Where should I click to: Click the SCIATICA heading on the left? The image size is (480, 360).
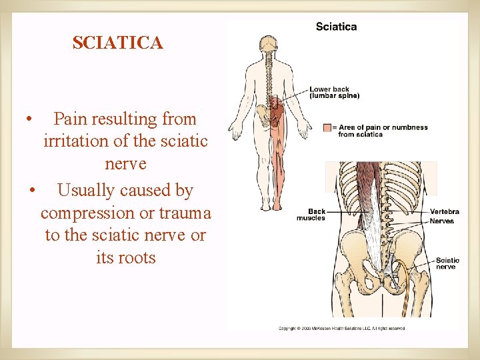[117, 43]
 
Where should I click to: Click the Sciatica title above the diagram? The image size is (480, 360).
[336, 27]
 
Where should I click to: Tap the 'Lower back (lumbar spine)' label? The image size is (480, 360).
[334, 92]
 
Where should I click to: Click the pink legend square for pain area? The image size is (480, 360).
[327, 127]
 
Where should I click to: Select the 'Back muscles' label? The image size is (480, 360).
[311, 215]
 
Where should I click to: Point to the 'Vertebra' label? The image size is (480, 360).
[444, 212]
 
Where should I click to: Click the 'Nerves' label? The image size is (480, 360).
[441, 221]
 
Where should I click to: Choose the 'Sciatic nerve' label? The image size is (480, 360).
[447, 263]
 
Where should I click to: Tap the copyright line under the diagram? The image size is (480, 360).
[341, 328]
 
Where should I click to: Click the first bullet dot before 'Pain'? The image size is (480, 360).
[29, 121]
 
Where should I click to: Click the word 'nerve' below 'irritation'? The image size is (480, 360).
[125, 164]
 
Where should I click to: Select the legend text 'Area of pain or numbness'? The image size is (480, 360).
[383, 127]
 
